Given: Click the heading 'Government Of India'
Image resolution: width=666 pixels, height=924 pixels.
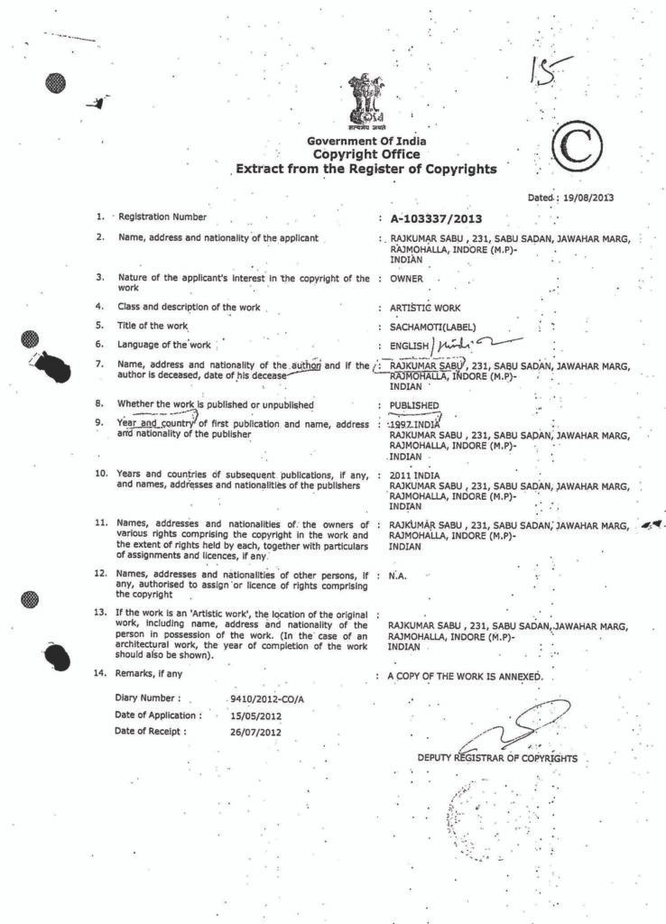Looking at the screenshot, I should click(366, 142).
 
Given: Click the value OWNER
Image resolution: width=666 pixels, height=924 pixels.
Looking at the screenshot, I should click(407, 279).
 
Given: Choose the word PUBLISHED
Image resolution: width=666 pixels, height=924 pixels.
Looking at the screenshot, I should click(414, 405).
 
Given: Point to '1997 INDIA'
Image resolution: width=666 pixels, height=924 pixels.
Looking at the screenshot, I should click(413, 423).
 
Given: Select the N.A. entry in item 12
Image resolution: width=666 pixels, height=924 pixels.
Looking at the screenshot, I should click(398, 574).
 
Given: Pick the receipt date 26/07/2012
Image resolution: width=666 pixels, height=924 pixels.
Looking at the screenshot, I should click(256, 732).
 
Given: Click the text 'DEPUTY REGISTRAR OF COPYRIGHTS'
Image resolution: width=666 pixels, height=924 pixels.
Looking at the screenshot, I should click(497, 758).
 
